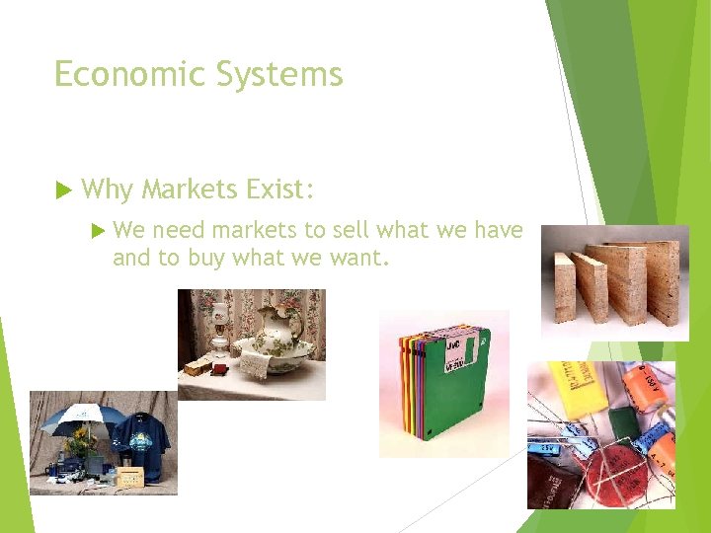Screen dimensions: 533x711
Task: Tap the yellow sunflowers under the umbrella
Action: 78,445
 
